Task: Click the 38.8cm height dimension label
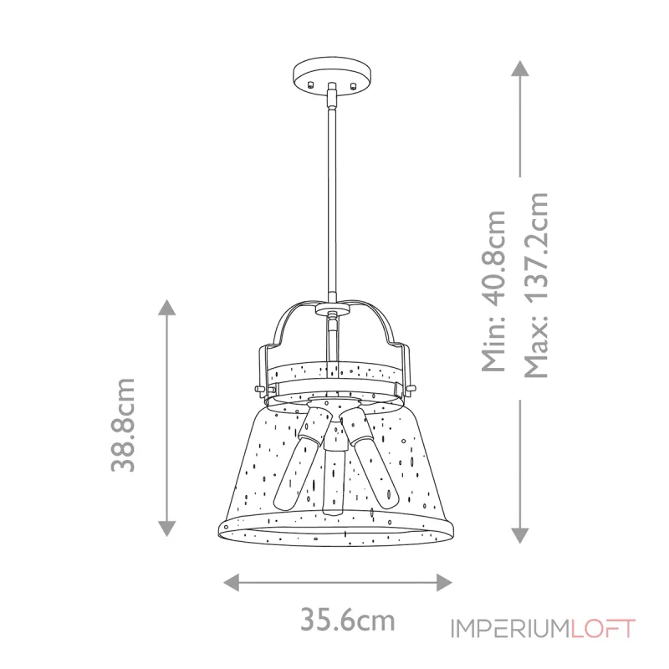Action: click(125, 425)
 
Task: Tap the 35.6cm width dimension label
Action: click(347, 620)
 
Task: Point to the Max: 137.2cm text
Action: click(535, 285)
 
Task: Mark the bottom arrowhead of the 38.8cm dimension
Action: click(167, 528)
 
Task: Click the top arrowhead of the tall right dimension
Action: click(520, 69)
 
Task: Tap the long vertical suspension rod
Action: click(333, 201)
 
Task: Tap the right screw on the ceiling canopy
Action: click(355, 84)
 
